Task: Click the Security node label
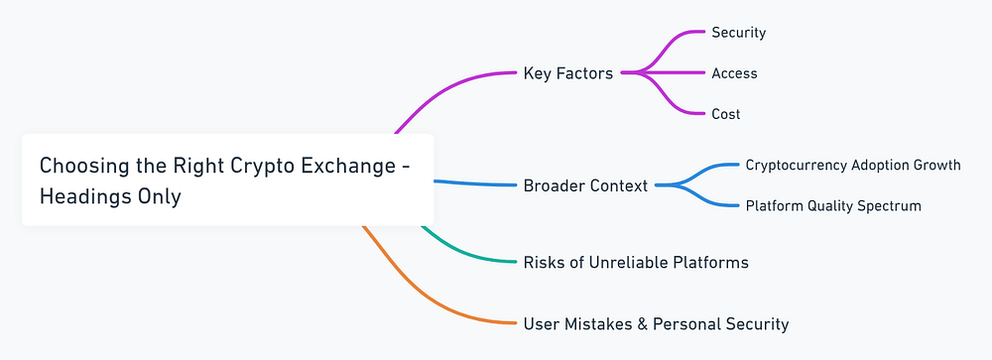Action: [738, 33]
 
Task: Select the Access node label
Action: [734, 73]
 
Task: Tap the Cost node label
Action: [725, 114]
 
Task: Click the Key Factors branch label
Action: [567, 73]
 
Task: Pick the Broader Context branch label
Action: [585, 185]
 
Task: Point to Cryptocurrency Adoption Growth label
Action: [852, 165]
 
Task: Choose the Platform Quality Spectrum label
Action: [833, 206]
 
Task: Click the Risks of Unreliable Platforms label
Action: [635, 263]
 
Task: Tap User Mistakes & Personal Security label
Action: [656, 323]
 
